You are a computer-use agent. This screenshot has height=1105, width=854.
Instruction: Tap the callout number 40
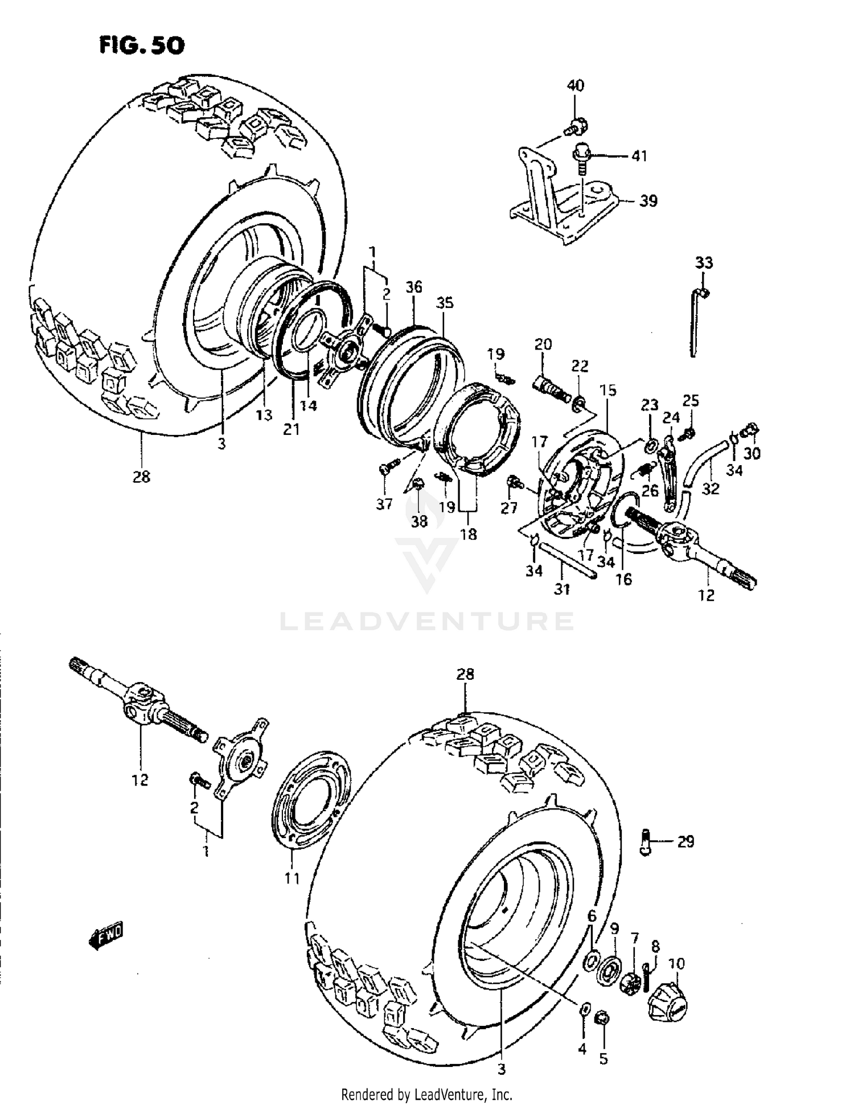click(575, 86)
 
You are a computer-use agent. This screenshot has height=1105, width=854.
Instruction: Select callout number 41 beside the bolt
click(639, 155)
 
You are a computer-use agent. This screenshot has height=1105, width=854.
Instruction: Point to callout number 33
click(704, 263)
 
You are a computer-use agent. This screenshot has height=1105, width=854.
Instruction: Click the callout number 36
click(414, 287)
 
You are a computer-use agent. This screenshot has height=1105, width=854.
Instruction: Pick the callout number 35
click(445, 303)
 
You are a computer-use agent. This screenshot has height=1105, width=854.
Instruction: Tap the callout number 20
click(543, 344)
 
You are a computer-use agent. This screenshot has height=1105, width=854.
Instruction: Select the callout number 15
click(607, 390)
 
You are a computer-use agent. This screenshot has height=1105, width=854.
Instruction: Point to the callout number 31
click(562, 589)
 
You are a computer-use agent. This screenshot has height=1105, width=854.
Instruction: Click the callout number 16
click(624, 579)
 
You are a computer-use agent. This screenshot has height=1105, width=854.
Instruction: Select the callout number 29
click(686, 841)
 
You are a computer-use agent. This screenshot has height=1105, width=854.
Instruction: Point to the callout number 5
click(603, 1058)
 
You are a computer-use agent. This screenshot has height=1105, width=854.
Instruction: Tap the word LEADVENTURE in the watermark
click(426, 621)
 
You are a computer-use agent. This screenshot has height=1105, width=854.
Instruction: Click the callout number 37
click(384, 503)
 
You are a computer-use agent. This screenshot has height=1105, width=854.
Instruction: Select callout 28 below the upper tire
click(141, 476)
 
